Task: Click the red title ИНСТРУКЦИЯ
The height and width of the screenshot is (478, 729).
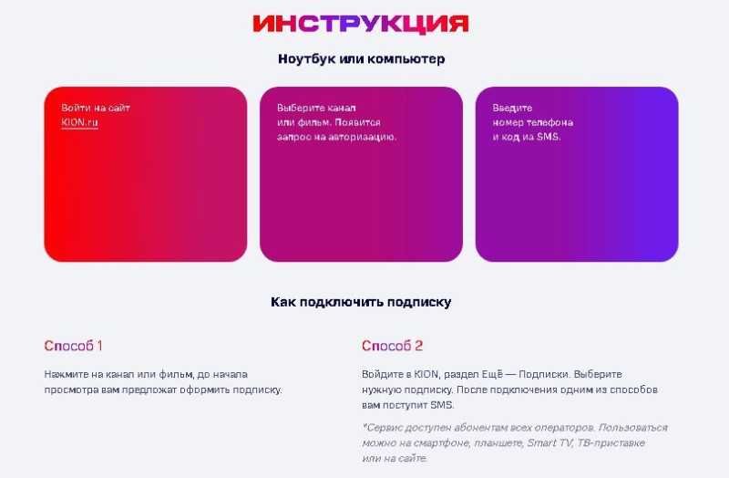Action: pyautogui.click(x=361, y=24)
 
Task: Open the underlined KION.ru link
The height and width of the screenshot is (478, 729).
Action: pyautogui.click(x=79, y=122)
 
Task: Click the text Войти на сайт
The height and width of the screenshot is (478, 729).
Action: pyautogui.click(x=96, y=108)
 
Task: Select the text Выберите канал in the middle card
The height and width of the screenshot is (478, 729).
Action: pyautogui.click(x=316, y=108)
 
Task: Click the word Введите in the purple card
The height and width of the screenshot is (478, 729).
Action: pyautogui.click(x=512, y=108)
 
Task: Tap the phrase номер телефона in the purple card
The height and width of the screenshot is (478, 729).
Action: pyautogui.click(x=533, y=122)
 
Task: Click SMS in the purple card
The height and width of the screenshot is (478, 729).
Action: pyautogui.click(x=549, y=138)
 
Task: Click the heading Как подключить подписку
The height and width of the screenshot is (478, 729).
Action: pyautogui.click(x=361, y=302)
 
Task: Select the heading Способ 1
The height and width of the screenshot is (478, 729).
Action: pyautogui.click(x=73, y=346)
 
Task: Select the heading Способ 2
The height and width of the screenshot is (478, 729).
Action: pyautogui.click(x=393, y=346)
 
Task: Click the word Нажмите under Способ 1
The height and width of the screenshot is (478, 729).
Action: pyautogui.click(x=65, y=374)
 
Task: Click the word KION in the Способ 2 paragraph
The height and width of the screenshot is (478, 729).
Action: pyautogui.click(x=426, y=374)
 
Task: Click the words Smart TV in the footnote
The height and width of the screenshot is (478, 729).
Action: pyautogui.click(x=549, y=442)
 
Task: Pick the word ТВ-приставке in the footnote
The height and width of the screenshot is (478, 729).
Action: pyautogui.click(x=611, y=442)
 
